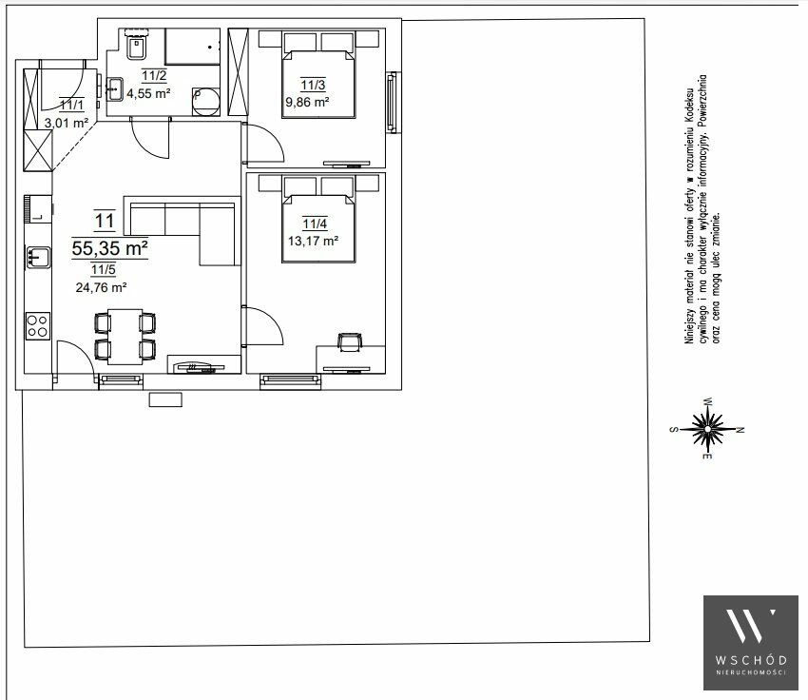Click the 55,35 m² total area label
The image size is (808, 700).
[x=109, y=248]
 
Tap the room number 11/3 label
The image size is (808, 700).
[x=314, y=85]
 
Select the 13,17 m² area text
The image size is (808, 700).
[x=313, y=241]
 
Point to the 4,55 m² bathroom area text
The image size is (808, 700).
[x=148, y=93]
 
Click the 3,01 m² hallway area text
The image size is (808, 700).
[x=66, y=124]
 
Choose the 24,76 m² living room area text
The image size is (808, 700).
[x=101, y=287]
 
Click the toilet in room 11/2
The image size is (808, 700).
[x=137, y=47]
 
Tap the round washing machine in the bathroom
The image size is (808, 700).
[x=205, y=102]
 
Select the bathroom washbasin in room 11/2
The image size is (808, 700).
[x=115, y=89]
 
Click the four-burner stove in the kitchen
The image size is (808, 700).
[x=38, y=326]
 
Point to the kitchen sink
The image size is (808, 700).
[x=39, y=257]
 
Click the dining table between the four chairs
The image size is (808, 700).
[x=125, y=337]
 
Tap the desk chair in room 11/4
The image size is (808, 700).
[x=350, y=342]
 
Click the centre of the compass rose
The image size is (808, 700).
[x=707, y=429]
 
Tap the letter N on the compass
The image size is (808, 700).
[x=741, y=429]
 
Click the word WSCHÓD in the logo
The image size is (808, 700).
[x=750, y=660]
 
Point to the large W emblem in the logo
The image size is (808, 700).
[x=750, y=625]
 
